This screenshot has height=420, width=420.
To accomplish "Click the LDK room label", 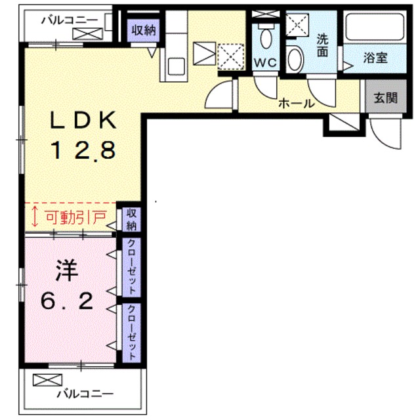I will [x=84, y=121].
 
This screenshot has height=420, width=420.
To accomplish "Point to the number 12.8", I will [x=84, y=150].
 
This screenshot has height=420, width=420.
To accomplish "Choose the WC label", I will [x=266, y=63].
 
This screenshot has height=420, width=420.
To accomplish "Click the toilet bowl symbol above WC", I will [x=266, y=37].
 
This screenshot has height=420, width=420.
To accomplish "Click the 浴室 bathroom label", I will [x=376, y=58].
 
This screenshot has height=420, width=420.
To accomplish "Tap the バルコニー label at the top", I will [x=70, y=20].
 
